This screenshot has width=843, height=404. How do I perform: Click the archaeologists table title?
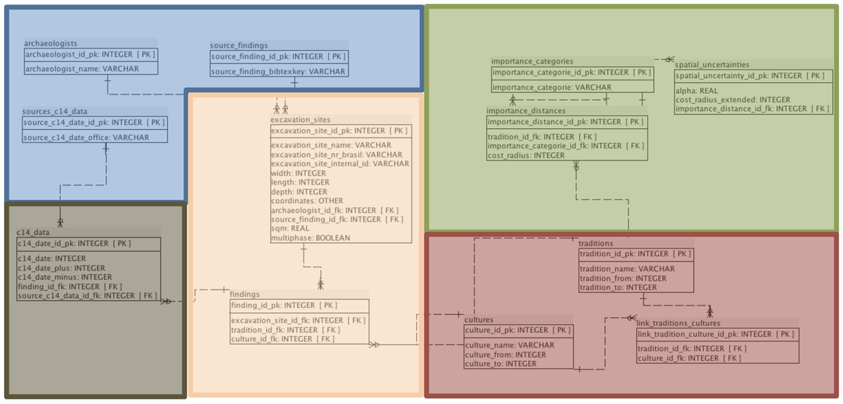[x=51, y=44]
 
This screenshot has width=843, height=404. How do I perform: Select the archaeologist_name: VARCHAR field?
[x=81, y=69]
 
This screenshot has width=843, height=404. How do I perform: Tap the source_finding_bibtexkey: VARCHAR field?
[x=278, y=71]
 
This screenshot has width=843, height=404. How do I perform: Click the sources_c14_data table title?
[x=55, y=112]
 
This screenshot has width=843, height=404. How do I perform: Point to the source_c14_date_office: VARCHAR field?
[x=86, y=138]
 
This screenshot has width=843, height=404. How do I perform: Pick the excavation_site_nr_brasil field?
[x=336, y=155]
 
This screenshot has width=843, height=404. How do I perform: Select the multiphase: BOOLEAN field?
[x=310, y=238]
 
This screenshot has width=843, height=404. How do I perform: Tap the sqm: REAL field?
[x=290, y=228]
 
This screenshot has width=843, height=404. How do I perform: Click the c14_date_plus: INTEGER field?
[x=61, y=268]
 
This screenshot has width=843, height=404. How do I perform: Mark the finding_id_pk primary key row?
[x=284, y=305]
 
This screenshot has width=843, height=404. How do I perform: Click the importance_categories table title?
[x=532, y=61]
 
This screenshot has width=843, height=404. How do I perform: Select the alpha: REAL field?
[x=697, y=91]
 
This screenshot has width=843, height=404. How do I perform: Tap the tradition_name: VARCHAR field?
[x=628, y=269]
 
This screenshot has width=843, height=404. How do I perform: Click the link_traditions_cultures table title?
[x=678, y=323]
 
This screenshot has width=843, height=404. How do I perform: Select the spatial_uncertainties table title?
[x=712, y=65]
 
